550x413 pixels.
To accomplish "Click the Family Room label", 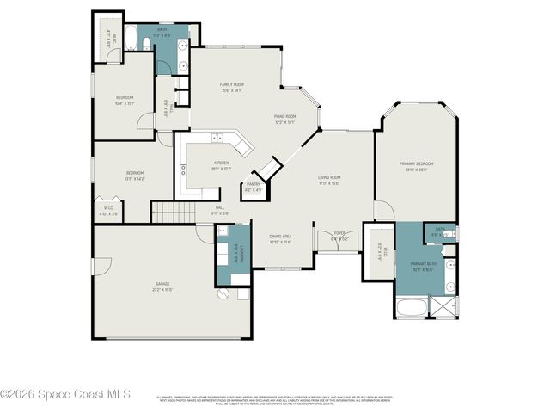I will [x=233, y=86].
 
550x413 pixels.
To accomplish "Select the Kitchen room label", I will [x=221, y=166].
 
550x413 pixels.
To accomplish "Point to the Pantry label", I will [x=253, y=186].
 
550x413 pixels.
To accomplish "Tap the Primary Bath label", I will [x=423, y=267].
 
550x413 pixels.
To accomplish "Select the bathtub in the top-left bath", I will [x=131, y=39].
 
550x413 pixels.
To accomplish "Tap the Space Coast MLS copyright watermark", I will [x=66, y=395].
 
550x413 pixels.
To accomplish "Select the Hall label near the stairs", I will [x=220, y=209].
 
